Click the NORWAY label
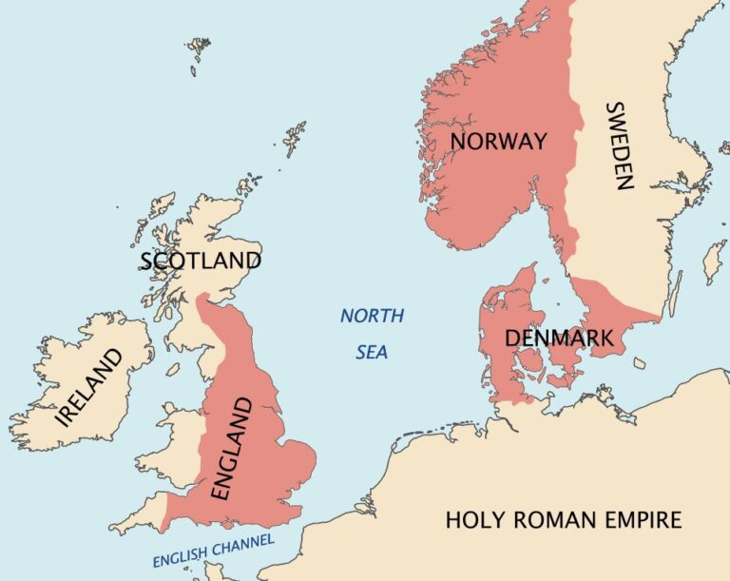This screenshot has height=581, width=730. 499,142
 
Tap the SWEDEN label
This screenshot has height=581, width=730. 618,145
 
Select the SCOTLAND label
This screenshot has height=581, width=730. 200,261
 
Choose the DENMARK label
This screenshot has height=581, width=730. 558,338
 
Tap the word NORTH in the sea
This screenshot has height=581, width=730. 372,316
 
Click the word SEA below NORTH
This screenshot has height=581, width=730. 372,352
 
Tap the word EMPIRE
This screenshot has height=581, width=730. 645,520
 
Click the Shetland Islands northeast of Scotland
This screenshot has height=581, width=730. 296,137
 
